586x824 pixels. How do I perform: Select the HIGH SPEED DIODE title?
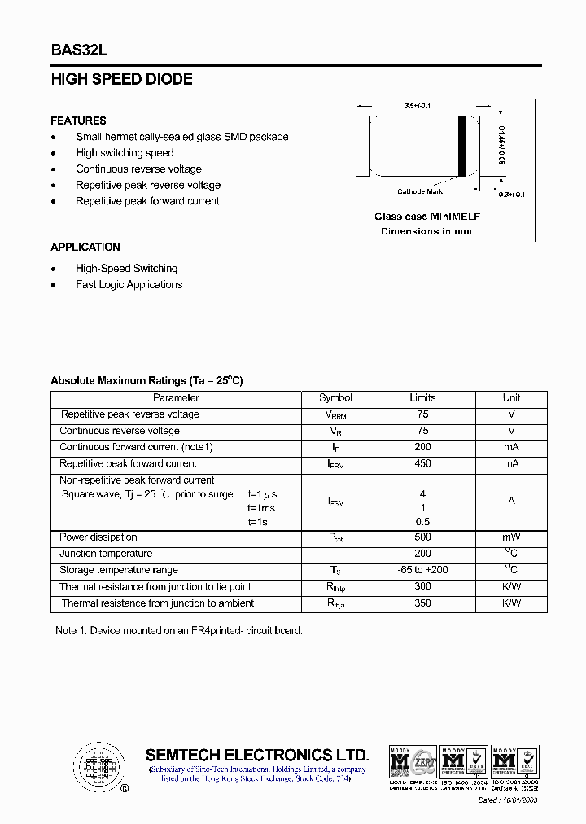tap(121, 80)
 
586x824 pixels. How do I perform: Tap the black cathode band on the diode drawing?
tap(462, 146)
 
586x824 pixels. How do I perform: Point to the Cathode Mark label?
tap(420, 191)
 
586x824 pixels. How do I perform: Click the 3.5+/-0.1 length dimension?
tap(418, 106)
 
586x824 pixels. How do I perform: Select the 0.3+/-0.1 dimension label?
tap(512, 195)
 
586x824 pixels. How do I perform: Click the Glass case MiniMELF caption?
tap(426, 217)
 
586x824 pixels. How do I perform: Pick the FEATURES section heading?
tap(78, 121)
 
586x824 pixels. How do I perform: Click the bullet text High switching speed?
tap(125, 153)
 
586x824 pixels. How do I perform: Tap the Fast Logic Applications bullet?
tap(129, 285)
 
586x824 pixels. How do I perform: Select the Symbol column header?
tap(335, 398)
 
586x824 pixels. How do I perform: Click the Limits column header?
tap(422, 398)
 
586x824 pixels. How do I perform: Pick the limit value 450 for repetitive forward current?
tap(422, 463)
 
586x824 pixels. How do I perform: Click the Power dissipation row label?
tap(98, 537)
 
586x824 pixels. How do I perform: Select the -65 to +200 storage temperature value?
tap(422, 570)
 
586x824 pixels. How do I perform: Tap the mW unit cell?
tap(511, 537)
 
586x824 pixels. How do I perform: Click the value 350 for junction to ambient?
tap(422, 603)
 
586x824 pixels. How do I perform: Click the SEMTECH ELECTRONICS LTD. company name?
tap(257, 755)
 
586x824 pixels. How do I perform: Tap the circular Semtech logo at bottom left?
tap(99, 766)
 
